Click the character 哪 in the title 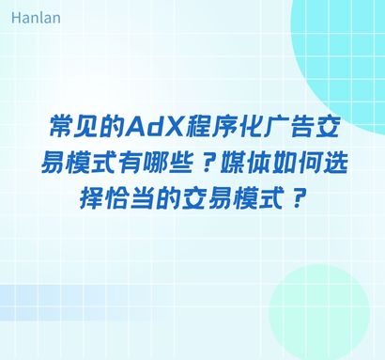[x=160, y=163]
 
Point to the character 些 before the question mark [x=185, y=163]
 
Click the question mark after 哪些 [x=208, y=163]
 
